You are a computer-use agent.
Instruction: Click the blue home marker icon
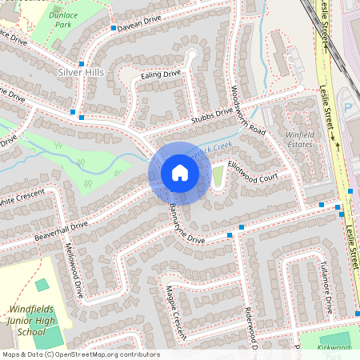(180, 173)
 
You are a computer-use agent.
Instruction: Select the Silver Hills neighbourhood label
(82, 72)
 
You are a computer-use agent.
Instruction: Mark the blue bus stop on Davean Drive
(113, 29)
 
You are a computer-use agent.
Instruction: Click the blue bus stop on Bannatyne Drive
(230, 235)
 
